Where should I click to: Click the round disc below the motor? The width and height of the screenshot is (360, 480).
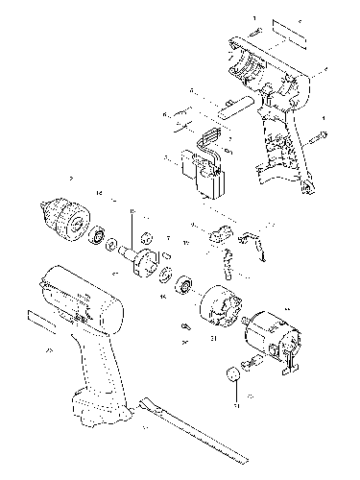[x=231, y=374]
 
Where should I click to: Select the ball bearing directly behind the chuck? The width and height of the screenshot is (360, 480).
[x=98, y=234]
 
